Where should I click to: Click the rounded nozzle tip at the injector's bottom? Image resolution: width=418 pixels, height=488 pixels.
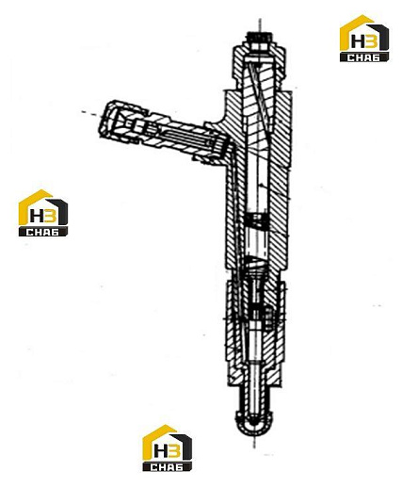pyautogui.click(x=255, y=427)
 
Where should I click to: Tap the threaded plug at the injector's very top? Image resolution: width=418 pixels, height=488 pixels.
pyautogui.click(x=259, y=40)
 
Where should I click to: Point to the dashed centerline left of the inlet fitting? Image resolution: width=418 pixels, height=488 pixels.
pyautogui.click(x=90, y=114)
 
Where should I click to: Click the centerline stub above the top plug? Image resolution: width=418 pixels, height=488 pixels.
pyautogui.click(x=260, y=24)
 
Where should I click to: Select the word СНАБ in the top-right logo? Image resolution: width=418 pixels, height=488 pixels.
pyautogui.click(x=364, y=57)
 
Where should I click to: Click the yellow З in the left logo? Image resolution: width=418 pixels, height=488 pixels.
pyautogui.click(x=50, y=216)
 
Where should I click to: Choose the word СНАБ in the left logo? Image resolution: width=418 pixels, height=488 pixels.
pyautogui.click(x=42, y=233)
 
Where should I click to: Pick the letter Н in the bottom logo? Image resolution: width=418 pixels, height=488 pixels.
pyautogui.click(x=159, y=451)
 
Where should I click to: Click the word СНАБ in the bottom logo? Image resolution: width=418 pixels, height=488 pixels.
pyautogui.click(x=167, y=467)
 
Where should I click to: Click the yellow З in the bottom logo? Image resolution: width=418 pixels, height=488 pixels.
pyautogui.click(x=173, y=451)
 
